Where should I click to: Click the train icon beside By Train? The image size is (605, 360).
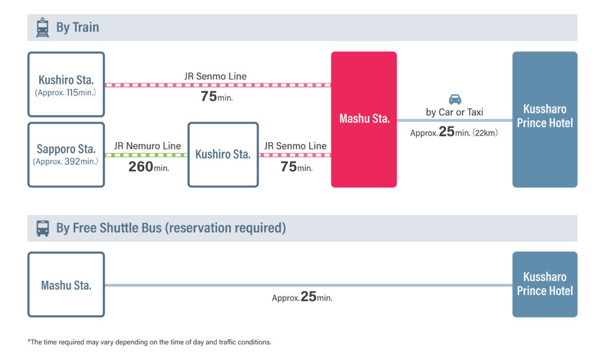tap(43, 27)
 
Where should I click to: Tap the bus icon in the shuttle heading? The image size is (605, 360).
tap(43, 228)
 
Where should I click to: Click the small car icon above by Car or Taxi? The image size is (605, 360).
tap(455, 99)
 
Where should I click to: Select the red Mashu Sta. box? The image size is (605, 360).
tap(364, 119)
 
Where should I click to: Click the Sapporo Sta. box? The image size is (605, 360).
tap(66, 155)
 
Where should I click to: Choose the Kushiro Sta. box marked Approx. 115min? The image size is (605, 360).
tap(66, 84)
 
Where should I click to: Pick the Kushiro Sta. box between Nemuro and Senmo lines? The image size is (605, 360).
tap(223, 155)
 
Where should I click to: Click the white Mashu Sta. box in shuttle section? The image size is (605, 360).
tap(66, 285)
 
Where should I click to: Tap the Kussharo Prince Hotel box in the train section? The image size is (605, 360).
tap(545, 119)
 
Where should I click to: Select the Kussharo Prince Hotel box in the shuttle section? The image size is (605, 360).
tap(545, 284)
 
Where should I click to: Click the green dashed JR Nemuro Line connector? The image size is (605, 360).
tap(147, 155)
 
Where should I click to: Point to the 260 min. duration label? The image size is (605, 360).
tap(148, 167)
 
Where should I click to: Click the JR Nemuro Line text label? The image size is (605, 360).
tap(147, 146)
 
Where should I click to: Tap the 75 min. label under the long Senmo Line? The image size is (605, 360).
tap(216, 96)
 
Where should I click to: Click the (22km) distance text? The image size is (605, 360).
tap(486, 133)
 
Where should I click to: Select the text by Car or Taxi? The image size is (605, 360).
tap(454, 112)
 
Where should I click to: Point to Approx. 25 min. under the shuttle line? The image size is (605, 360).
tap(302, 297)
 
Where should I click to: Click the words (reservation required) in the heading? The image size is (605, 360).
tap(225, 228)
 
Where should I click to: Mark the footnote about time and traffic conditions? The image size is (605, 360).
tap(149, 342)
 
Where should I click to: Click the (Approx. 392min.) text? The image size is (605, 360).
tap(66, 161)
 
